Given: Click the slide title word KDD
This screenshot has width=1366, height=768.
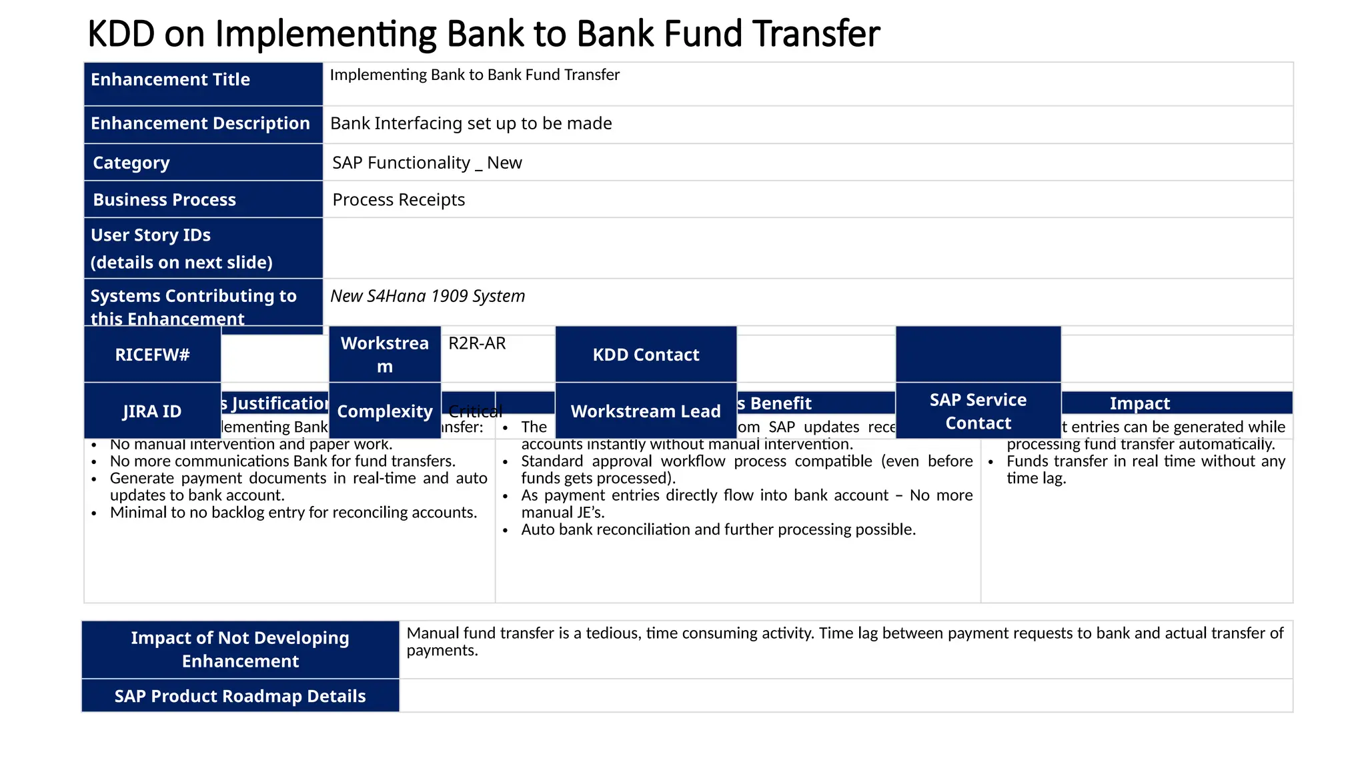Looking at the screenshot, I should tap(121, 34).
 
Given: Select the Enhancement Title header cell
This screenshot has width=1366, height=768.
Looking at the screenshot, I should tap(203, 83).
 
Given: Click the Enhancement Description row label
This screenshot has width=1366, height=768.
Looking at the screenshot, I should tap(203, 124).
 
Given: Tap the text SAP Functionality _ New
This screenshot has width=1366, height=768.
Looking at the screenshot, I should tap(427, 163).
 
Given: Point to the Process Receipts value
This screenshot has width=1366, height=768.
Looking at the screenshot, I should tap(398, 200).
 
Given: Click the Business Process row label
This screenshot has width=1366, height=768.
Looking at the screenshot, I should tap(203, 199).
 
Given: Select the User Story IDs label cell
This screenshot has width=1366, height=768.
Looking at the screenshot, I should tap(203, 248).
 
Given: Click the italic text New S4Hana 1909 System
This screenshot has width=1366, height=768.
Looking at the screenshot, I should tap(428, 296).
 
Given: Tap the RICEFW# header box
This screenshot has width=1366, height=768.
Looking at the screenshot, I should tap(152, 355).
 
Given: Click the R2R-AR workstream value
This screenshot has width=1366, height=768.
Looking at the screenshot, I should tap(477, 343).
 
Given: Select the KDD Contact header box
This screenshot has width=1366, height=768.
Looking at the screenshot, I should tap(646, 355).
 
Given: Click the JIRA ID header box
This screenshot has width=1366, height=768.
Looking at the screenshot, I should tap(152, 411).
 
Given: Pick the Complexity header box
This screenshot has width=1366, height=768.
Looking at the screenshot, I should tap(385, 411).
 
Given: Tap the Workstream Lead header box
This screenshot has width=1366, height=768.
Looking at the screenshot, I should tap(646, 411).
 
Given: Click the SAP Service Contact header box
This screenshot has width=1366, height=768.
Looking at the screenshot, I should tap(978, 411).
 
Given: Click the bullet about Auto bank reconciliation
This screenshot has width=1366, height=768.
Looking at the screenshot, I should tap(718, 530).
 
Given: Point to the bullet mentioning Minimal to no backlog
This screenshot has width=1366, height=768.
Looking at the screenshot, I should tap(293, 513).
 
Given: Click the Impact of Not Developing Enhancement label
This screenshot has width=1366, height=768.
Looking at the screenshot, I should tap(240, 649).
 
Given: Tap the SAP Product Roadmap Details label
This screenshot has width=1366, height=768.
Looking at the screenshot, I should tap(240, 696).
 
